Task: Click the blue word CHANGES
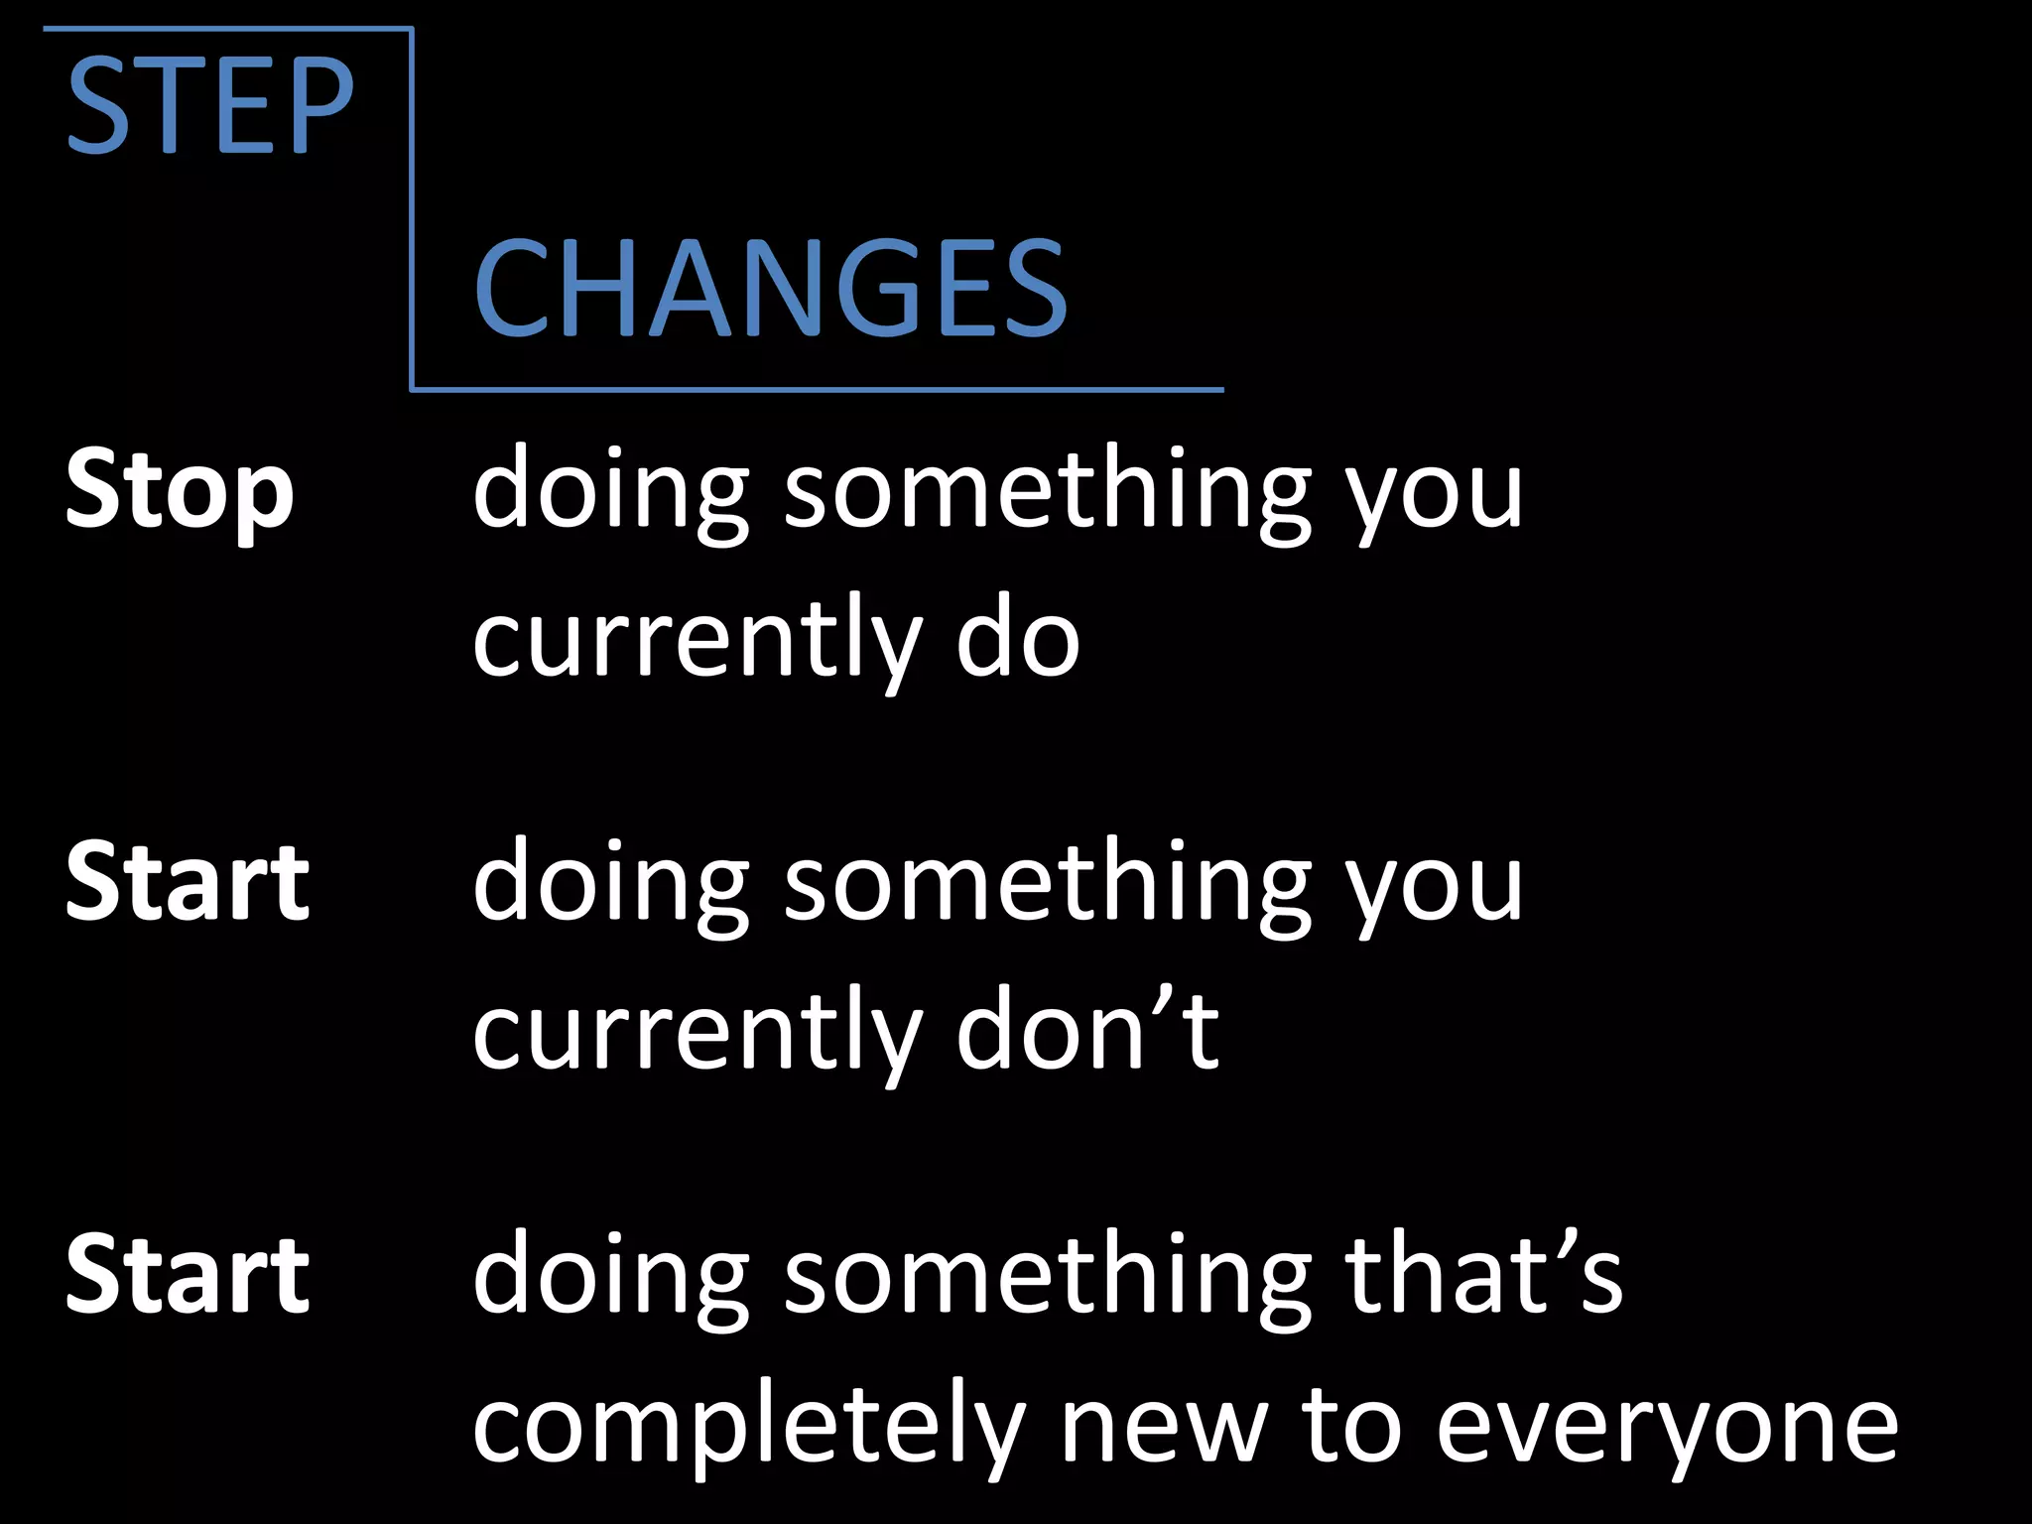[770, 289]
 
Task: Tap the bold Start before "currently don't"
[188, 882]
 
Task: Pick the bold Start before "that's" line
[188, 1275]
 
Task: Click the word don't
[1086, 1032]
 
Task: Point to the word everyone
[1667, 1429]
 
